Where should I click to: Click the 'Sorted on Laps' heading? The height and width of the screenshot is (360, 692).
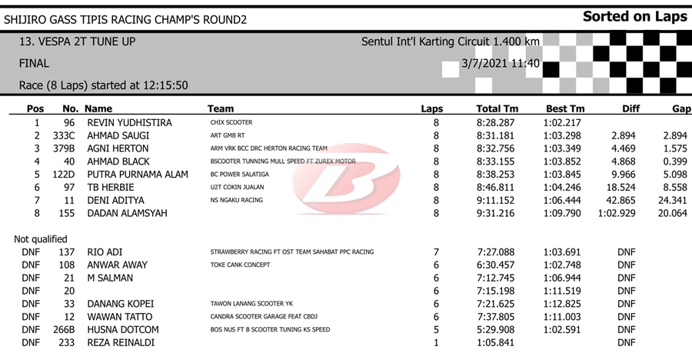tap(634, 16)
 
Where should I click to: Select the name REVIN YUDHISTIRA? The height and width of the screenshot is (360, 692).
tap(129, 123)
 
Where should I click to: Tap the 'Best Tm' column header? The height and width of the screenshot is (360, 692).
tap(565, 109)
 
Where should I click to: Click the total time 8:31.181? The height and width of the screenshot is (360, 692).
tap(497, 136)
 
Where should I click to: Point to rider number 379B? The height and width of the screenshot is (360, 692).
tap(68, 149)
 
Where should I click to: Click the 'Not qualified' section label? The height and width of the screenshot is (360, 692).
tap(41, 239)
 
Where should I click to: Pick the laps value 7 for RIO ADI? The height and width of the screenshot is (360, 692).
tap(436, 252)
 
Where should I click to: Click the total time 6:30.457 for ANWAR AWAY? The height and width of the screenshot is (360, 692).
tap(497, 265)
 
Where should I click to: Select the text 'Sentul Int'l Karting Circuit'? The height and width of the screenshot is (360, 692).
tap(433, 41)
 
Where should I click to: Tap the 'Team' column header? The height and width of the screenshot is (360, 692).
tap(221, 109)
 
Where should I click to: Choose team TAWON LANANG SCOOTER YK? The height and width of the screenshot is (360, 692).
tap(251, 304)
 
